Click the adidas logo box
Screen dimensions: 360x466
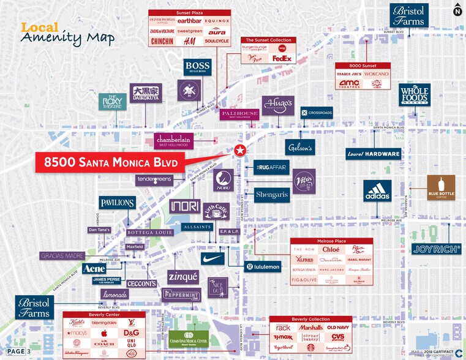click(377, 191)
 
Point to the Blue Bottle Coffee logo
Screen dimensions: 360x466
click(441, 188)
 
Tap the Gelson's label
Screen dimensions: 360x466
click(300, 147)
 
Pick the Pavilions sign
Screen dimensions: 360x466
click(117, 202)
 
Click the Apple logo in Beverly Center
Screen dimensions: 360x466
click(104, 333)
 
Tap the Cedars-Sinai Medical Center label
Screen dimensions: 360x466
click(194, 339)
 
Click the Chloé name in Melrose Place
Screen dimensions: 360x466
click(331, 250)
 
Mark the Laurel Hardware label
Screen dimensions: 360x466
click(373, 154)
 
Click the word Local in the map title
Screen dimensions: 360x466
click(40, 28)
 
